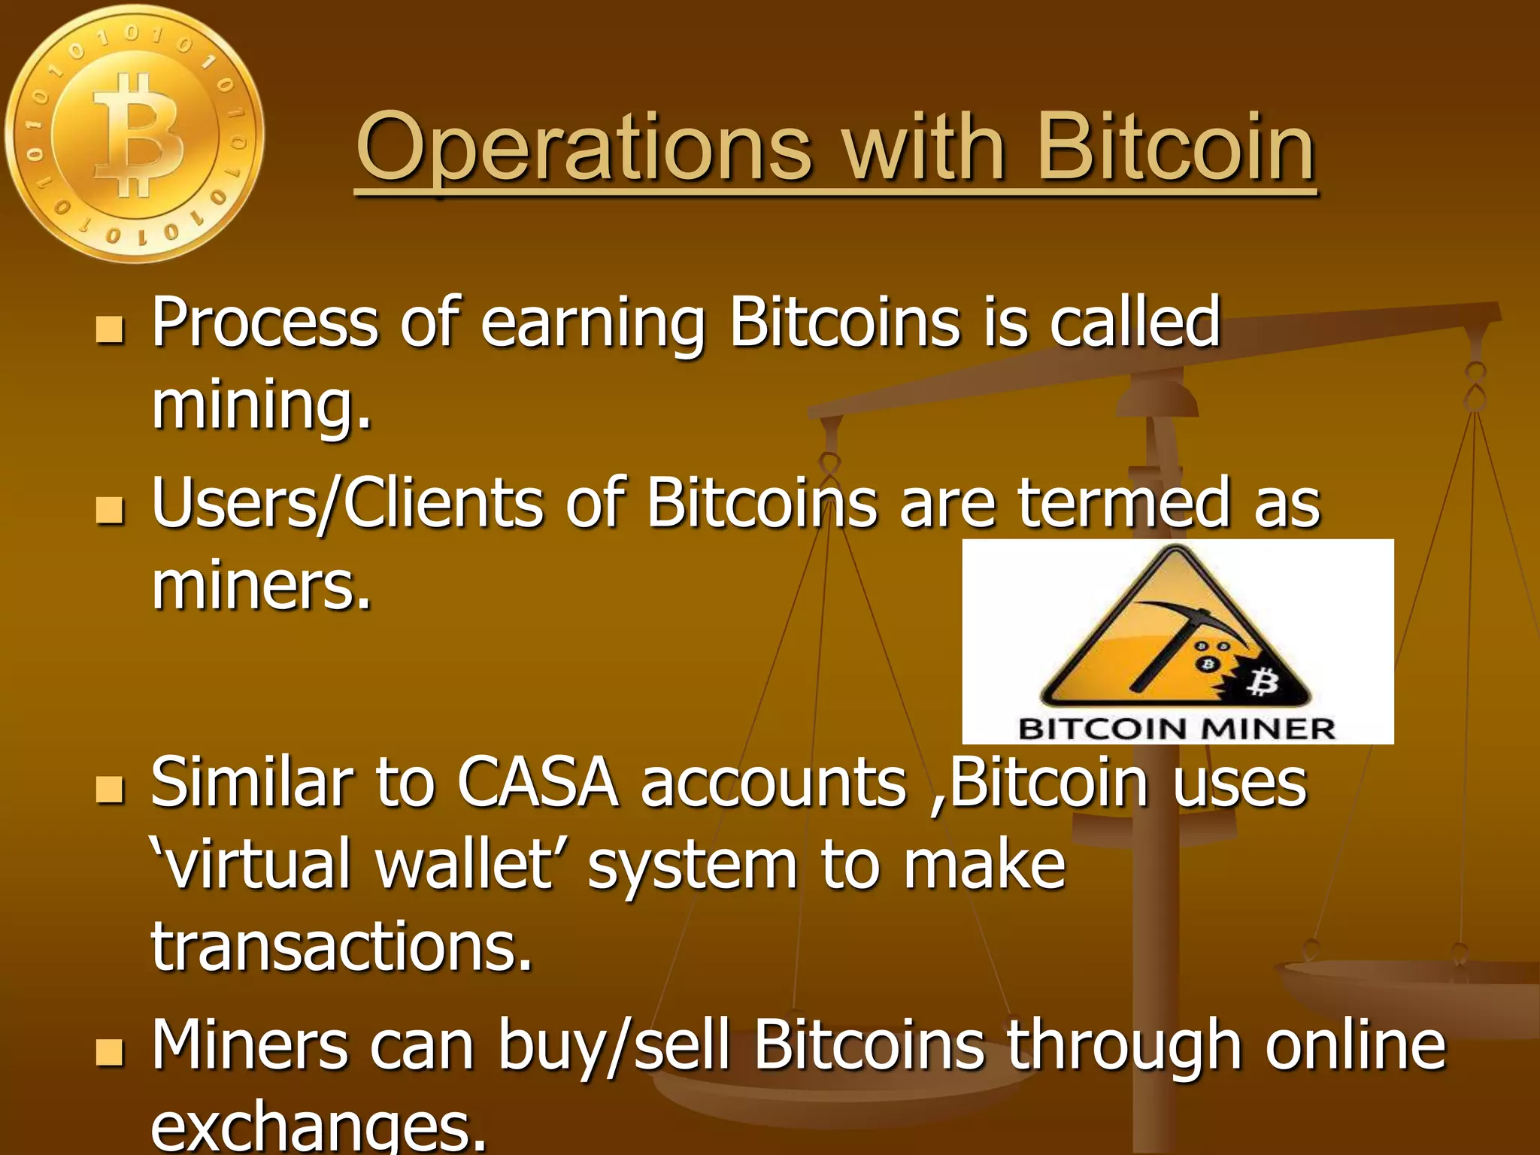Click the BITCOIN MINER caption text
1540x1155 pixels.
(x=1177, y=728)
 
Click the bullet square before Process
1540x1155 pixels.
(x=110, y=329)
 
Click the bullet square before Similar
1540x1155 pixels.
(x=110, y=790)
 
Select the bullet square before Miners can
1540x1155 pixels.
(x=110, y=1052)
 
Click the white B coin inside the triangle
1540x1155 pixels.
(x=1263, y=684)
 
